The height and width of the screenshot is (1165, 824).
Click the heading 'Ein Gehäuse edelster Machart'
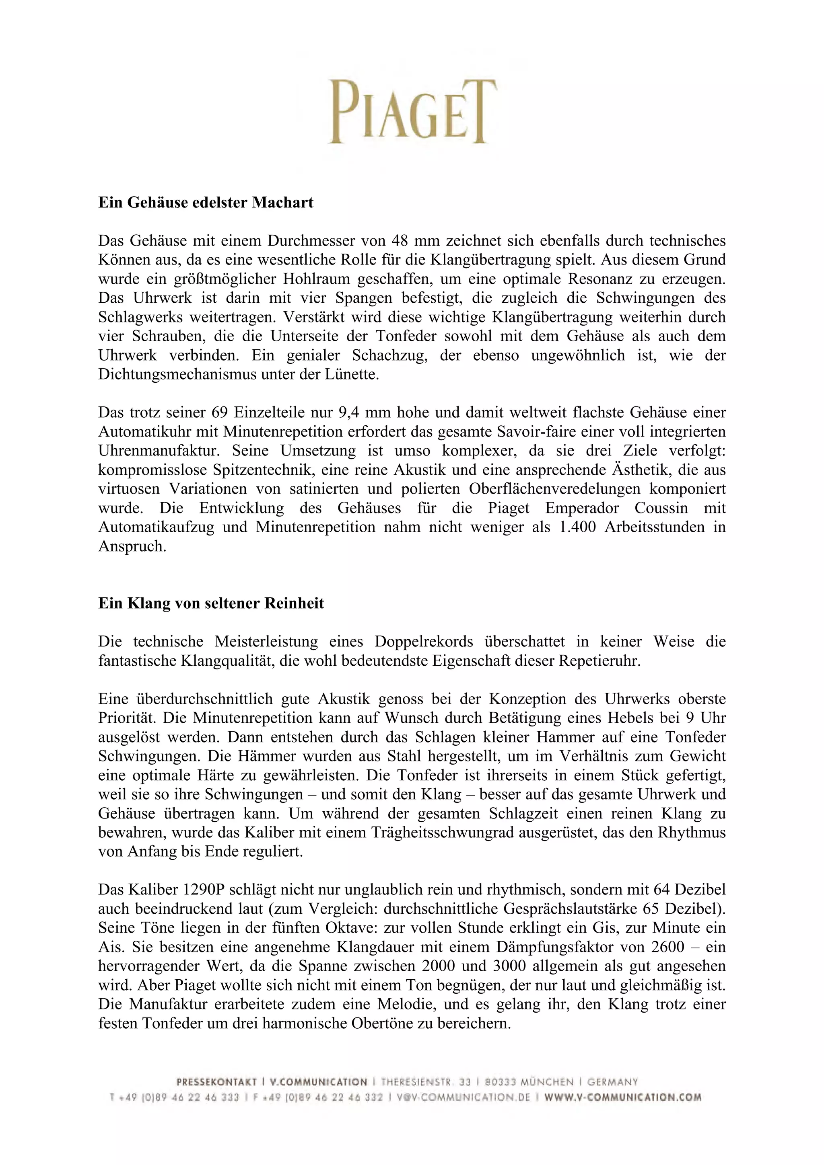point(206,203)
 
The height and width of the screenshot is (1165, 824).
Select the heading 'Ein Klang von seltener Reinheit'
point(211,603)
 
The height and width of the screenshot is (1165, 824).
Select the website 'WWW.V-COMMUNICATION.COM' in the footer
point(622,1097)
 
